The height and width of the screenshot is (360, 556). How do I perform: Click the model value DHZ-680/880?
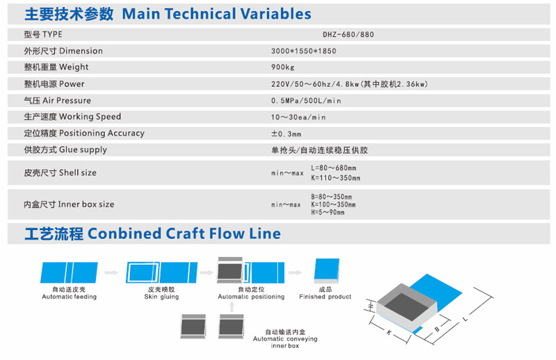(x=348, y=35)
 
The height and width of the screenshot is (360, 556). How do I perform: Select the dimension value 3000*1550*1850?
(x=304, y=51)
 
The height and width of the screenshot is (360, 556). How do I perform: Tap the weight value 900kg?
(x=283, y=67)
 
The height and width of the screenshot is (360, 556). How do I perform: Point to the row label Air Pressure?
(x=67, y=100)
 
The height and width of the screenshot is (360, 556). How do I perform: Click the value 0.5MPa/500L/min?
(x=306, y=101)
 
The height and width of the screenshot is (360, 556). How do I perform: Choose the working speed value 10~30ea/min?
(x=298, y=117)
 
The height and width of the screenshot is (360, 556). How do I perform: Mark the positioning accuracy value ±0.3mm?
(x=286, y=133)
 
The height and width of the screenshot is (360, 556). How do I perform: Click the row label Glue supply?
(x=83, y=149)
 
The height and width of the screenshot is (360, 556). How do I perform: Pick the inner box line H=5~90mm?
(x=327, y=212)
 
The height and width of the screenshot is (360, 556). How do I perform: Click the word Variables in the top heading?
(x=275, y=14)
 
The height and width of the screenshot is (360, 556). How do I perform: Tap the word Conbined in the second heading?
(x=124, y=234)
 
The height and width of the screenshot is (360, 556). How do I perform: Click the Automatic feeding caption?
(x=69, y=297)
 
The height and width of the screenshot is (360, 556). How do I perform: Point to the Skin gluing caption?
(x=161, y=297)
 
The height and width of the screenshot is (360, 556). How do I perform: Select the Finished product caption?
(x=325, y=297)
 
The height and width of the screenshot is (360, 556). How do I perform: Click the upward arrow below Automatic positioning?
(x=232, y=306)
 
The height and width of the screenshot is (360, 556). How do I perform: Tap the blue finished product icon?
(x=327, y=270)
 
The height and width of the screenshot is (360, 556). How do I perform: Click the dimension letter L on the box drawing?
(x=466, y=319)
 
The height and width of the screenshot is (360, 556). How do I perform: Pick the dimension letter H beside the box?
(x=371, y=305)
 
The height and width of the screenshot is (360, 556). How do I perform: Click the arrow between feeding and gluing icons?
(x=111, y=272)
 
